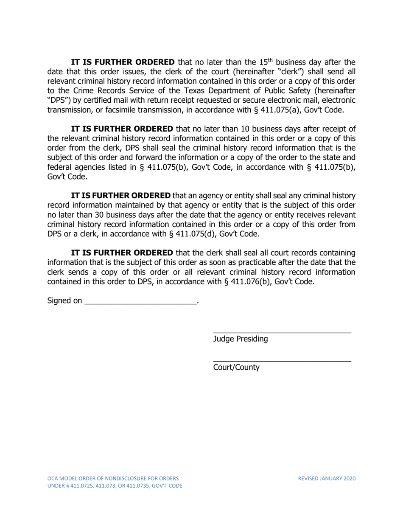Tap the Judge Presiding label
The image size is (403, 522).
point(240,339)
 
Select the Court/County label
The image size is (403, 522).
point(236,368)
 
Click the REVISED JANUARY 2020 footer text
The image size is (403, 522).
point(327,478)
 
